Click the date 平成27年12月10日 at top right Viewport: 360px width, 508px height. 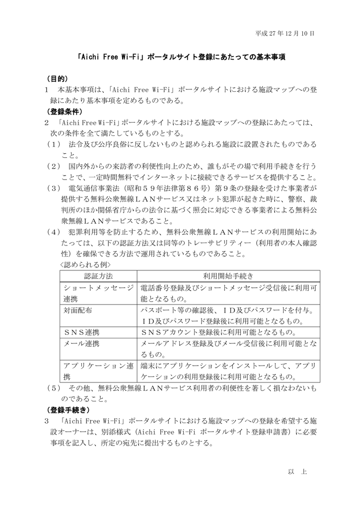[285, 34]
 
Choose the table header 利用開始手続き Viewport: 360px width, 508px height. [228, 276]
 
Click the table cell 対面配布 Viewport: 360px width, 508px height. [78, 310]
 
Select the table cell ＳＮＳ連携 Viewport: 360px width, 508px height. [81, 332]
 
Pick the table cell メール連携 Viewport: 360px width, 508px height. [81, 343]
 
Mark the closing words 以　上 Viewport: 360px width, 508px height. [298, 471]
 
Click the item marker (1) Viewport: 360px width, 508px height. [53, 144]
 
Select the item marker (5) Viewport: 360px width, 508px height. [53, 387]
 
